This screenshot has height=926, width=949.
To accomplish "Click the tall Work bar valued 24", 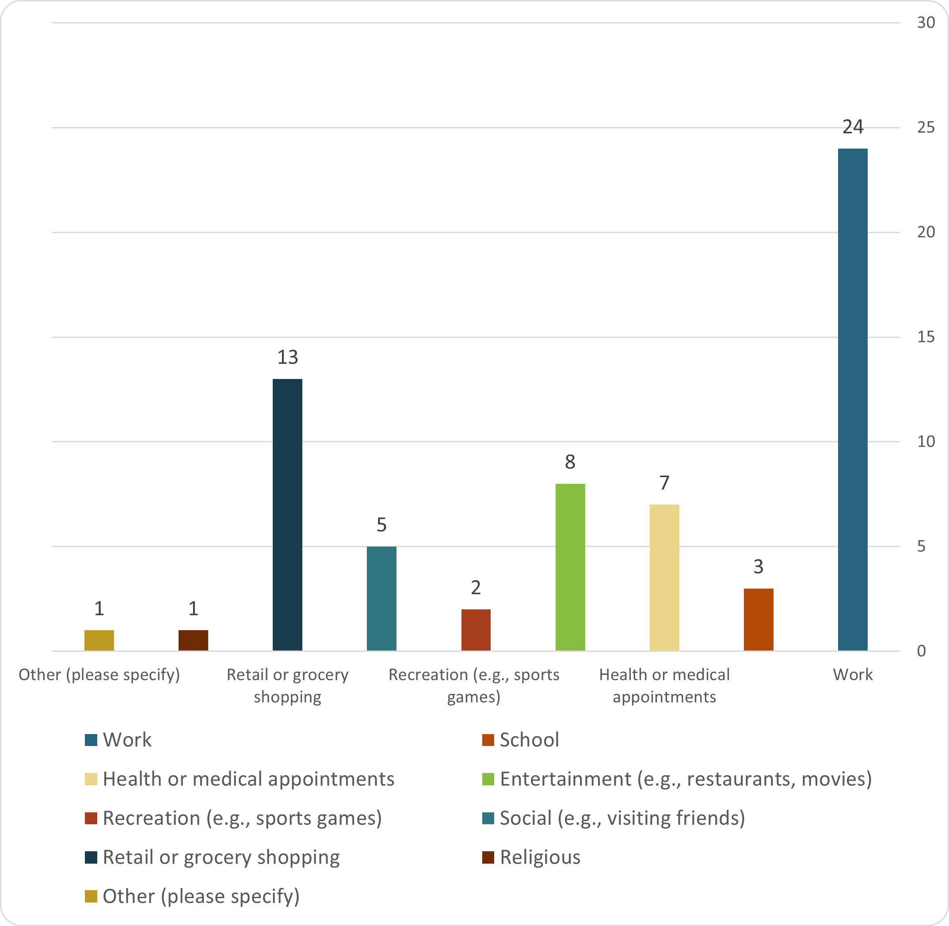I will (852, 399).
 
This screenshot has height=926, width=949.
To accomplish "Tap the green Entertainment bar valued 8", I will (570, 566).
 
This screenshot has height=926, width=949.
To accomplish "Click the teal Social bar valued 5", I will (381, 598).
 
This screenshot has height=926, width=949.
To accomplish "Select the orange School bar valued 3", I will (758, 619).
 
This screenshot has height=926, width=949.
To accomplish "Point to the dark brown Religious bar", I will (193, 640).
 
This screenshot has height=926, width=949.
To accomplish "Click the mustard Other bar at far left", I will (99, 640).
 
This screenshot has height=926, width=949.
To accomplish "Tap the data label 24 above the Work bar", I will (852, 127).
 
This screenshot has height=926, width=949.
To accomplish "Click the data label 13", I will (287, 357).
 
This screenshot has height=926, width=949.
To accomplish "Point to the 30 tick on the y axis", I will (926, 23).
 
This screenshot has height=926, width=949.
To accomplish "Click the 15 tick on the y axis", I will (926, 337).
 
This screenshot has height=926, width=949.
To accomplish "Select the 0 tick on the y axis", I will (921, 651).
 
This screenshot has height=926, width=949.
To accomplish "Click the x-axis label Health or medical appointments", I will (664, 685).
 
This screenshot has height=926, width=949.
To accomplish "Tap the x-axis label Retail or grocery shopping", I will (287, 685).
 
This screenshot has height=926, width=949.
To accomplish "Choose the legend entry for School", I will (529, 740).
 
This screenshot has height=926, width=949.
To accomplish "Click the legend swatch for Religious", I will (488, 857).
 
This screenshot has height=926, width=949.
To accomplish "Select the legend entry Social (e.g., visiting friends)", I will (622, 818).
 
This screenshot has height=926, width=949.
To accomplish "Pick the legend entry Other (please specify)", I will (201, 896).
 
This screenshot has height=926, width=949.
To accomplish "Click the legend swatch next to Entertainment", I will (488, 779).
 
